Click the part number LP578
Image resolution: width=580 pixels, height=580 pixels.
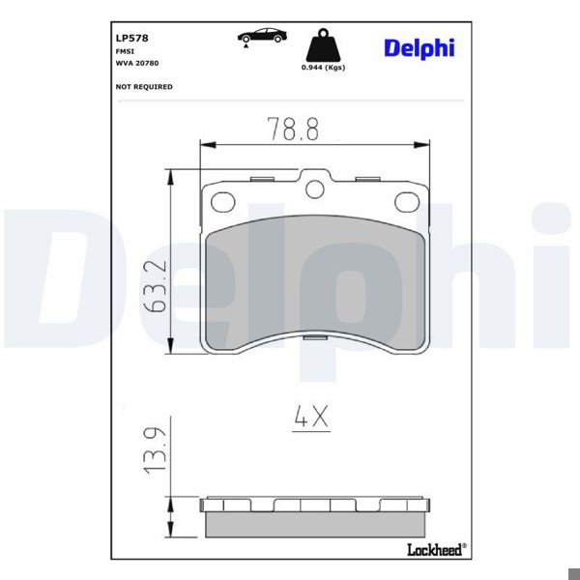pyautogui.click(x=130, y=39)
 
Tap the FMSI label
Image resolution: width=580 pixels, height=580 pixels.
pyautogui.click(x=124, y=51)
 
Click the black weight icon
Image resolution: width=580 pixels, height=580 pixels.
pyautogui.click(x=322, y=46)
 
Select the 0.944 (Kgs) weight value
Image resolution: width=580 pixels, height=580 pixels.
pyautogui.click(x=323, y=68)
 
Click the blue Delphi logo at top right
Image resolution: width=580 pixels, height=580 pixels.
pyautogui.click(x=418, y=47)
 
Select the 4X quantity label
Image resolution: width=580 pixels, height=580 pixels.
pyautogui.click(x=311, y=418)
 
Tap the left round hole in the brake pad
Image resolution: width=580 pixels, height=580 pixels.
pyautogui.click(x=223, y=201)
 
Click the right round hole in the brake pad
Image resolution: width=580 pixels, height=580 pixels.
pyautogui.click(x=405, y=201)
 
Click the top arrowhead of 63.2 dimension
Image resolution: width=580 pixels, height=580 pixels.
pyautogui.click(x=172, y=173)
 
